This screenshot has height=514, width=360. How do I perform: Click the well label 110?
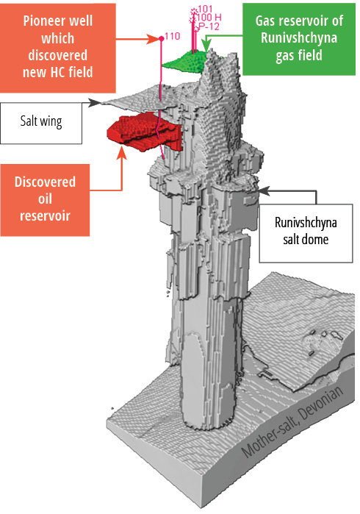click(173, 36)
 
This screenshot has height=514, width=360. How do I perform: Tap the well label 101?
click(206, 9)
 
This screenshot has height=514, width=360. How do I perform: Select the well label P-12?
click(209, 26)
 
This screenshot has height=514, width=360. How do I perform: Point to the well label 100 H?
click(209, 18)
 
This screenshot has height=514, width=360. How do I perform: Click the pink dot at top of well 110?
click(161, 39)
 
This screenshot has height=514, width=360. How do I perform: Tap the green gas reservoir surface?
click(185, 62)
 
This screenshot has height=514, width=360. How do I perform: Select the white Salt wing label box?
click(40, 124)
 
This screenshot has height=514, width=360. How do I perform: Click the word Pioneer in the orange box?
click(58, 21)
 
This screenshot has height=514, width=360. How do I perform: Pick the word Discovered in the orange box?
click(45, 182)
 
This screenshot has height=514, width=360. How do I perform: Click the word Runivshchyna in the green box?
click(299, 38)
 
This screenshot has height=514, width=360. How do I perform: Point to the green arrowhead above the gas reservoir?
click(206, 46)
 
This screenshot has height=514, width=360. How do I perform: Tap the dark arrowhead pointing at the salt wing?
click(95, 102)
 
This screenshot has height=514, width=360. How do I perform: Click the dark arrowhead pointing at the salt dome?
click(264, 190)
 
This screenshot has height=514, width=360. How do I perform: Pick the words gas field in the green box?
click(299, 55)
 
